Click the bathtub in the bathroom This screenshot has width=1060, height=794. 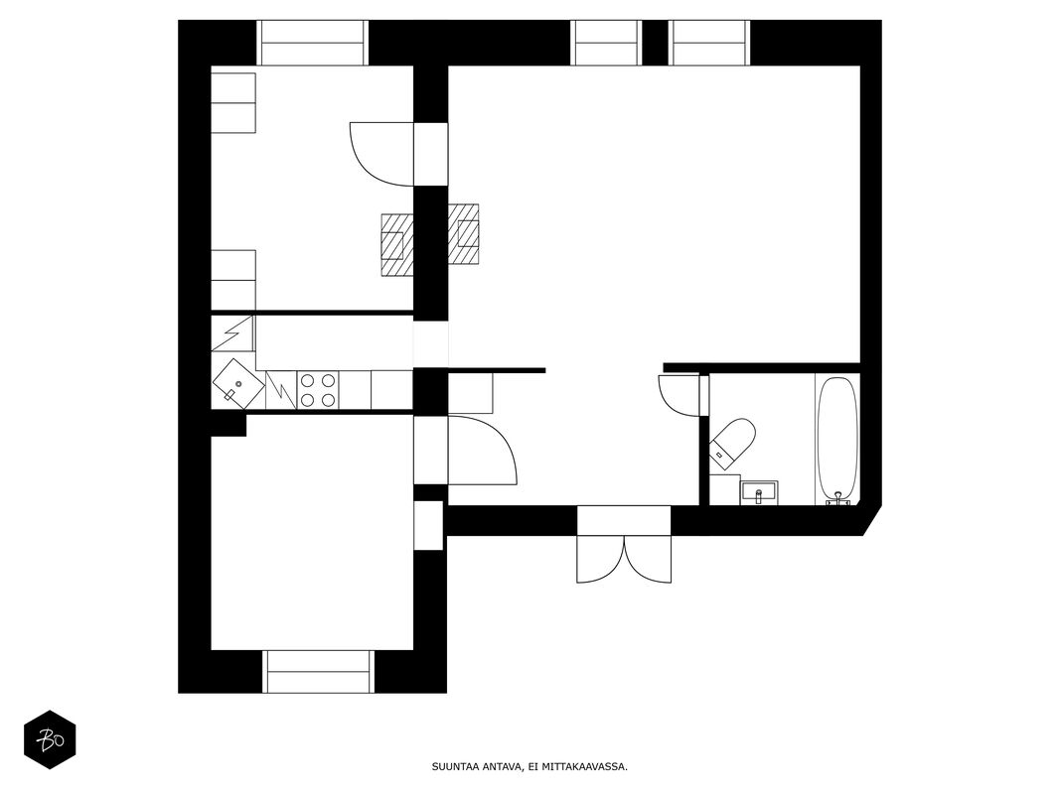click(x=837, y=439)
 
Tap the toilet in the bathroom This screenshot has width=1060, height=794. click(x=732, y=443)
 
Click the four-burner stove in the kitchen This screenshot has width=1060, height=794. click(x=318, y=390)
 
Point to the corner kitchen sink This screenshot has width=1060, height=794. click(x=238, y=383)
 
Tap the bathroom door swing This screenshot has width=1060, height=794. click(x=679, y=395)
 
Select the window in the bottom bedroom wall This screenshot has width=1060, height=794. click(x=318, y=671)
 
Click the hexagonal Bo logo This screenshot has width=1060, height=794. click(x=50, y=740)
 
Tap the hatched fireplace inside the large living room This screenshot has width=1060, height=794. click(x=464, y=234)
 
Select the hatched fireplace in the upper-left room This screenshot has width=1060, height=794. click(x=397, y=244)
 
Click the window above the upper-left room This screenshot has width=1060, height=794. click(x=312, y=43)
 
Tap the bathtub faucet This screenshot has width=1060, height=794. click(x=838, y=499)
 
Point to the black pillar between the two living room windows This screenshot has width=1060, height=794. click(x=655, y=43)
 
